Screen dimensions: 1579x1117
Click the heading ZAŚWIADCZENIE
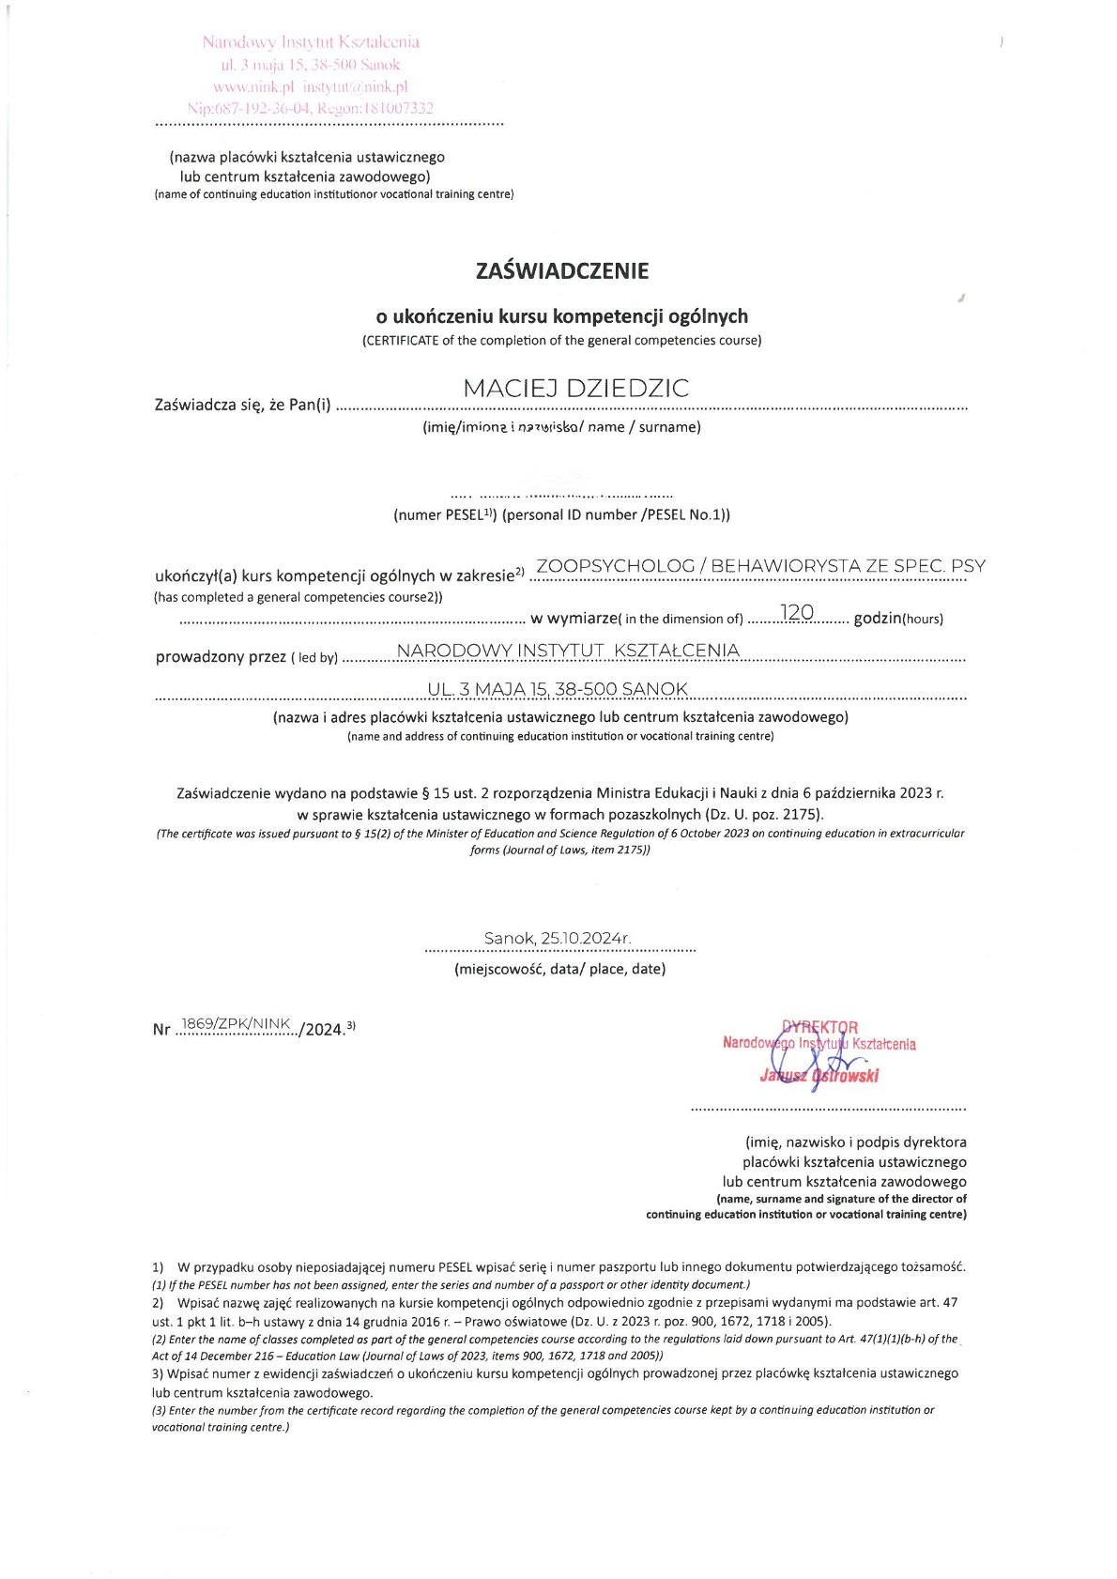(x=562, y=271)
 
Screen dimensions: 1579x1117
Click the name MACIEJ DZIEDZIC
(x=576, y=389)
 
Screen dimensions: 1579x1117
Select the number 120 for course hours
(x=797, y=613)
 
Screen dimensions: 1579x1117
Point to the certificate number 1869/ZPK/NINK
(x=236, y=1023)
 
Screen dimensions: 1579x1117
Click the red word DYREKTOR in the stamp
(x=819, y=1027)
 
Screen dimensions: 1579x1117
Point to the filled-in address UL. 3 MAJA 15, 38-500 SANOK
(x=558, y=689)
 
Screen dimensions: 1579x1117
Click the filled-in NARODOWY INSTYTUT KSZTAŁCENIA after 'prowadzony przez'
(x=569, y=651)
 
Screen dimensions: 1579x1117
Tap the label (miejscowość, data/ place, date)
(x=559, y=969)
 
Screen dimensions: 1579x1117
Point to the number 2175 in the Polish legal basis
(x=802, y=814)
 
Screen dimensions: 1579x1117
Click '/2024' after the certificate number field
(x=322, y=1029)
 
